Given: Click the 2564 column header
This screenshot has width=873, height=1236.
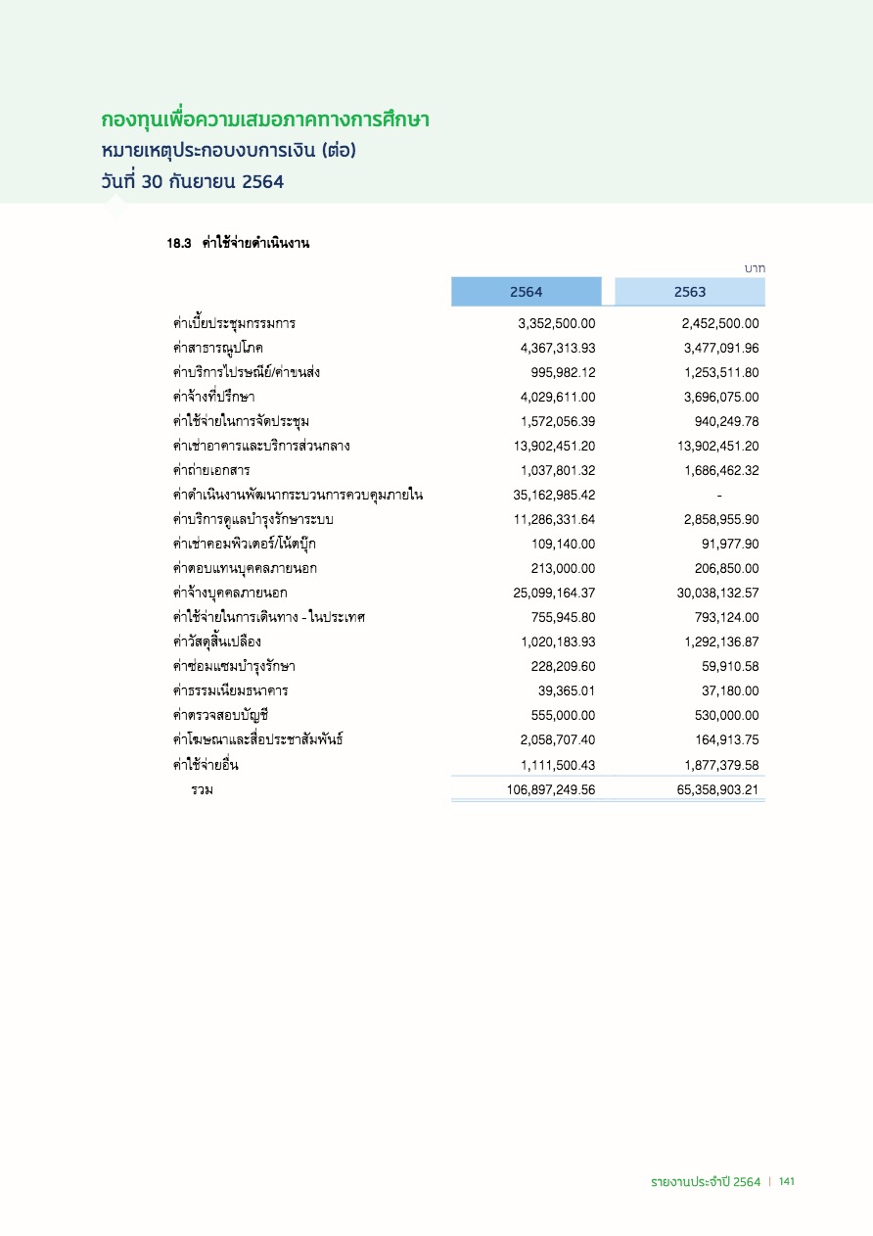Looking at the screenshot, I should (527, 292).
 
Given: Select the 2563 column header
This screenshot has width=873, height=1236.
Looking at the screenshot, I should (689, 292).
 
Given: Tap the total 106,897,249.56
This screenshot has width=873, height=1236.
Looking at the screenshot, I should (551, 789).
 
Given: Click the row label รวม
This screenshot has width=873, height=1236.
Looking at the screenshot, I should (203, 789).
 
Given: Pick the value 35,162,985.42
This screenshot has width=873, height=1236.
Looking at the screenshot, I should (554, 495).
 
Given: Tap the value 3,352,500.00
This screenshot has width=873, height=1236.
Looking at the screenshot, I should (557, 323).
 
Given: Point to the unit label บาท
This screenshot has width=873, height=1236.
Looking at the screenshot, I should (754, 267).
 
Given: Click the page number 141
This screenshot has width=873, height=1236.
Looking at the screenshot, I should (787, 1181).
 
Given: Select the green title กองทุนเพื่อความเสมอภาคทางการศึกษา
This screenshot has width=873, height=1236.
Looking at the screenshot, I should (265, 120).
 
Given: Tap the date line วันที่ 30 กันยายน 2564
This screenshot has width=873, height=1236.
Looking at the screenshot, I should (193, 181).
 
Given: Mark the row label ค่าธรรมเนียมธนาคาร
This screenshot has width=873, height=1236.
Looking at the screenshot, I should (230, 690).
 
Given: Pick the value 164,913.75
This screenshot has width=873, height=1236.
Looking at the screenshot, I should (723, 739).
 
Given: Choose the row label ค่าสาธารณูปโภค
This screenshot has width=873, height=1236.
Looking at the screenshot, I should (218, 348).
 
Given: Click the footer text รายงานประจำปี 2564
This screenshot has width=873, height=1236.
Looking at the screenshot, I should (706, 1182).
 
